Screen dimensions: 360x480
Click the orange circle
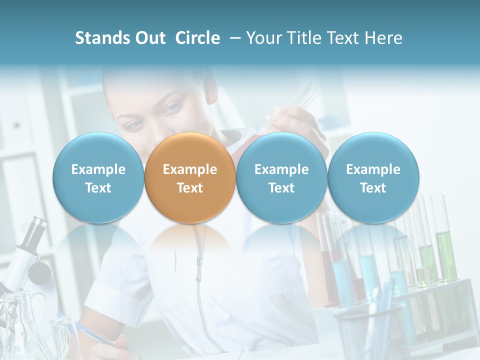pyautogui.click(x=190, y=178)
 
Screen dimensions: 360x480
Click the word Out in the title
pyautogui.click(x=150, y=38)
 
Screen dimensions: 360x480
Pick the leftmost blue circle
pyautogui.click(x=98, y=178)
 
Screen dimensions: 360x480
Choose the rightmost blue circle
pyautogui.click(x=373, y=178)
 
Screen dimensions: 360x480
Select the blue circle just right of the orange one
pyautogui.click(x=281, y=178)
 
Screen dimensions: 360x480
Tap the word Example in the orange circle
pyautogui.click(x=190, y=169)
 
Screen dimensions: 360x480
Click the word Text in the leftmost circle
pyautogui.click(x=98, y=188)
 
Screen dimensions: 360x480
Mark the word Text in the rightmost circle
pyautogui.click(x=373, y=188)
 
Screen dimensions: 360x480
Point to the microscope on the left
pyautogui.click(x=27, y=260)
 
